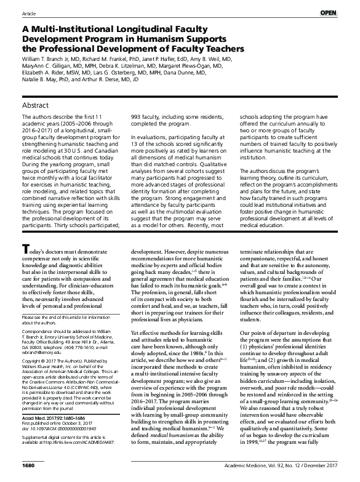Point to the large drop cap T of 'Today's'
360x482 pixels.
click(25, 283)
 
